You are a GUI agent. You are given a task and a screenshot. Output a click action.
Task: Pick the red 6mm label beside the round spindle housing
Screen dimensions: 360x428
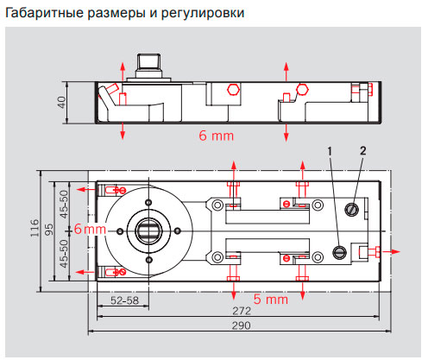89,229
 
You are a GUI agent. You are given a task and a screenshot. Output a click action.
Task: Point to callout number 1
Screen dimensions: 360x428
330,151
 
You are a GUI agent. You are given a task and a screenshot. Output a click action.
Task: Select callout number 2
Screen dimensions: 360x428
362,151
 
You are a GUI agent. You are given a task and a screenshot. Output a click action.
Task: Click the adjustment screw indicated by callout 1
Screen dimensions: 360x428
341,252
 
